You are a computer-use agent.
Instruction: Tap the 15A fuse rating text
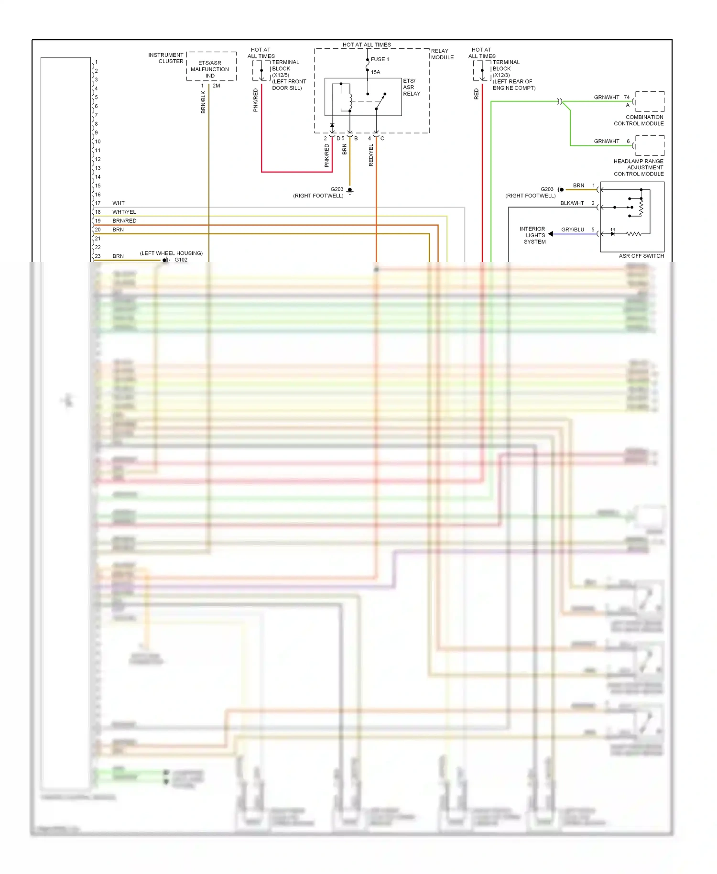376,72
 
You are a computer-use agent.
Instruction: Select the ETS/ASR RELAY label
411,87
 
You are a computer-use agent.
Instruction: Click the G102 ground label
181,260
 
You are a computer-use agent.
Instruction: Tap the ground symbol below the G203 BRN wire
350,191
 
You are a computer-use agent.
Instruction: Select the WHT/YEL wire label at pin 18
124,212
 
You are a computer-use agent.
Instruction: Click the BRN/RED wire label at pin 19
124,221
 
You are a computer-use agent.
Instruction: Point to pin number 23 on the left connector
98,256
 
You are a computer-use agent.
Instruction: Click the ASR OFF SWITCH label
641,256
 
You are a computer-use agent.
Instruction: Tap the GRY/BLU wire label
572,229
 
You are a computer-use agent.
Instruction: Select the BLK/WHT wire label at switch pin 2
572,203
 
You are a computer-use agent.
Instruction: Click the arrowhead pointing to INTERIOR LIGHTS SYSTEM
551,234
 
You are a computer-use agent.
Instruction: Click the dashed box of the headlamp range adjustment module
650,145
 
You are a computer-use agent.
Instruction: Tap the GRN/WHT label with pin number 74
611,97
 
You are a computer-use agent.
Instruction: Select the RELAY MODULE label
442,54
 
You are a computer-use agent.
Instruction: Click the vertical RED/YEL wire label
371,155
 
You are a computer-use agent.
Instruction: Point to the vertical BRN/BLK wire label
203,102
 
